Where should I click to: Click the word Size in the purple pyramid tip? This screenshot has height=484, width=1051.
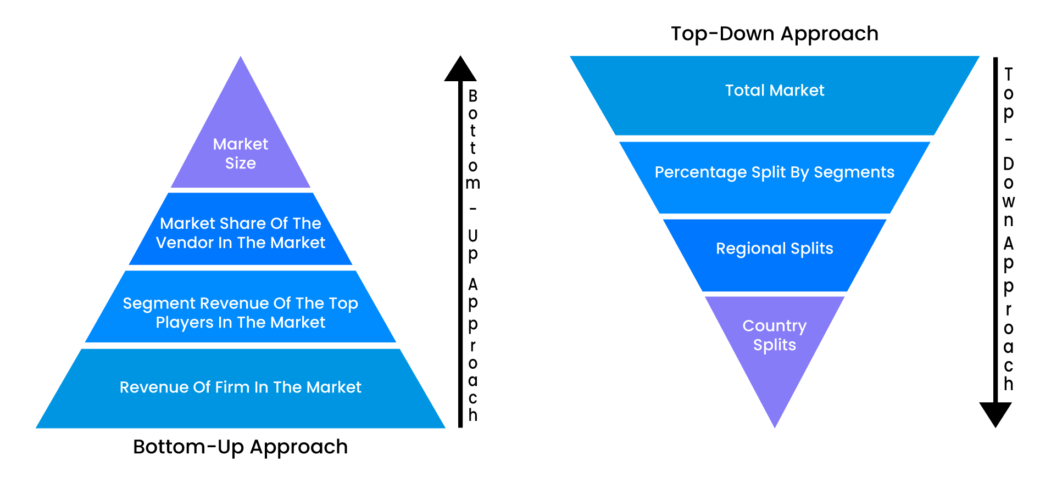[240, 164]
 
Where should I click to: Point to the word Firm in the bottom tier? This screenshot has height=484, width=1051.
[232, 387]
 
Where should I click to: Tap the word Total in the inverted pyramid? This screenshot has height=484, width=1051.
[744, 91]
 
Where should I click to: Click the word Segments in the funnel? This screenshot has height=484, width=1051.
[854, 173]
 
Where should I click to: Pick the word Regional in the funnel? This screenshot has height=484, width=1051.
[750, 249]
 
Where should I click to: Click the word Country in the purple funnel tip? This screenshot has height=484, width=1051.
[774, 326]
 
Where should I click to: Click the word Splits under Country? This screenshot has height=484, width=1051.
[774, 345]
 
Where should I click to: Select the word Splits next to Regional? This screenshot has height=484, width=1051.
[811, 249]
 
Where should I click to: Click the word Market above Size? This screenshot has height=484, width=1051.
[240, 144]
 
